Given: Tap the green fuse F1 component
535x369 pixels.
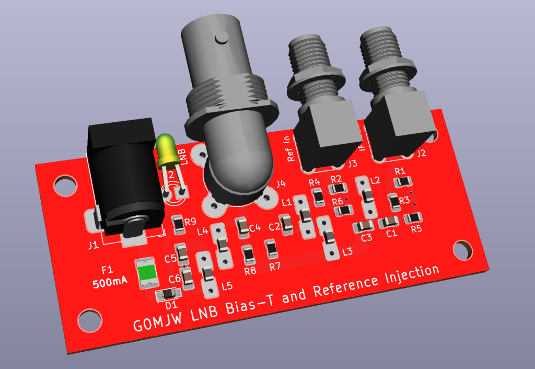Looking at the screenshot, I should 147,272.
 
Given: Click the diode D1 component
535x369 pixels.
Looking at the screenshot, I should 169,294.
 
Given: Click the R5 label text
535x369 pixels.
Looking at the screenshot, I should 416,228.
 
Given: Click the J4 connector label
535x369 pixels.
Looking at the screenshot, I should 281,183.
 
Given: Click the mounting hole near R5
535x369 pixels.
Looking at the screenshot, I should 461,250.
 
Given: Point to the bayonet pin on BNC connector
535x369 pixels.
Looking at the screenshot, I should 222,38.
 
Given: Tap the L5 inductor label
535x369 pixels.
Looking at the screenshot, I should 226,286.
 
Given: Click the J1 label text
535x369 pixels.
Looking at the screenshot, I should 93,245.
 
